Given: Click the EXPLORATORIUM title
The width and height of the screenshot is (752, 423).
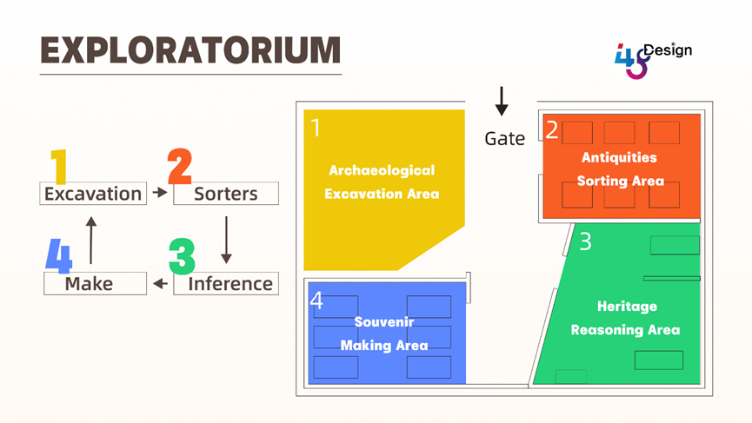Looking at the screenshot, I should coord(190,50).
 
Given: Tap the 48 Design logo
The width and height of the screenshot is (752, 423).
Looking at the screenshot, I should coord(652,59).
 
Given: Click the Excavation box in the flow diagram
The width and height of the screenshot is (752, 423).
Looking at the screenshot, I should coord(92,194).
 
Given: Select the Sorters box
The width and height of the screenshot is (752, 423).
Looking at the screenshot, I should coord(226,194).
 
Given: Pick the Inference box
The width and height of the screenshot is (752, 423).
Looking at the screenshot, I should coord(226,283).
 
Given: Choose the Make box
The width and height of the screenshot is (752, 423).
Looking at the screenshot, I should coord(95,283).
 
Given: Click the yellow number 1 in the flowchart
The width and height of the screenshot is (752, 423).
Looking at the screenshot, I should coord(58,167).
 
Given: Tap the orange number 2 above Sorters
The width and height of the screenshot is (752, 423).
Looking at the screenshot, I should coord(180,167).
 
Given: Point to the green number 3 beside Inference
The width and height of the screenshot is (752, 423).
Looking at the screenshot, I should coord(182,257).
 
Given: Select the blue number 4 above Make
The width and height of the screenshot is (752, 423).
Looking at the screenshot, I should coord(59,257).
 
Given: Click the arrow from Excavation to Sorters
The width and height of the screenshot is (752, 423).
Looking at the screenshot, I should coord(159,193).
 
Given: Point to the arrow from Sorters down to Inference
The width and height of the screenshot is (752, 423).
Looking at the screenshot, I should coord(226,239).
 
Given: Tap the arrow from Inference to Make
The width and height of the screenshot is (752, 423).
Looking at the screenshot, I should coord(160,283).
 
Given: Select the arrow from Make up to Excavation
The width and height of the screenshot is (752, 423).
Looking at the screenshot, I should coord(91,239).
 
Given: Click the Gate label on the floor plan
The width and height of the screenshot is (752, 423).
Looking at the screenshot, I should coord(504,138).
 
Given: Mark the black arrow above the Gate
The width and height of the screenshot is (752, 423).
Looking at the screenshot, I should coord(502,101).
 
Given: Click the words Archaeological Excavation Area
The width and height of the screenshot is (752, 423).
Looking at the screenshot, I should coord(382,182).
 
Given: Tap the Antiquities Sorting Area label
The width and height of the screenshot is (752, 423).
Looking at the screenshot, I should coord(621,169).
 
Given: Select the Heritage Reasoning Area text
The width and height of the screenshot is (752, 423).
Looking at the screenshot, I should coord(625,318).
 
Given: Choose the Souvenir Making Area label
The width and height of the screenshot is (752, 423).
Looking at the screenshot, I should coord(383,334).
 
